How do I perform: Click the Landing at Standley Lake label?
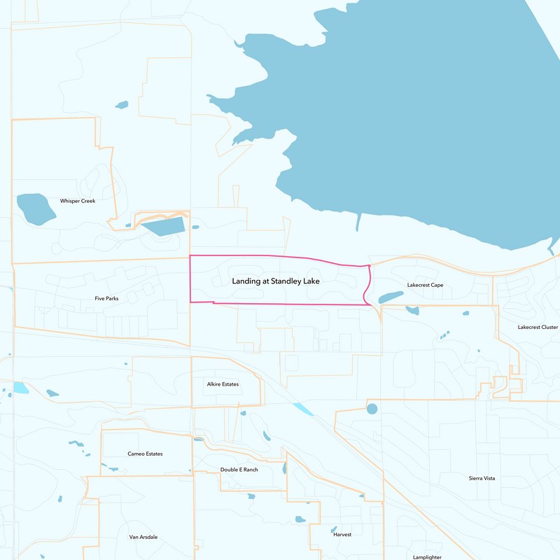(x=276, y=281)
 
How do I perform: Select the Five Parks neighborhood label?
(x=106, y=299)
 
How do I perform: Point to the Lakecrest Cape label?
(x=425, y=285)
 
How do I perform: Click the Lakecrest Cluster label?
(x=538, y=327)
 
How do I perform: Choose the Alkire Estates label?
(x=223, y=384)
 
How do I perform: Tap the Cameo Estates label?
(x=145, y=454)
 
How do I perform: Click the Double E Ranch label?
(x=239, y=469)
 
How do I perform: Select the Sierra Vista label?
(x=482, y=478)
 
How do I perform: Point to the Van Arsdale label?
(x=143, y=537)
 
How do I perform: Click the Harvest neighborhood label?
(x=342, y=534)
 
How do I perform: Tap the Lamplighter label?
(x=427, y=557)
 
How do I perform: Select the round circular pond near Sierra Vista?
(x=372, y=408)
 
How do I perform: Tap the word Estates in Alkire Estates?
(x=230, y=384)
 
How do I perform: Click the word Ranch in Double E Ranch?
(x=249, y=469)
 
